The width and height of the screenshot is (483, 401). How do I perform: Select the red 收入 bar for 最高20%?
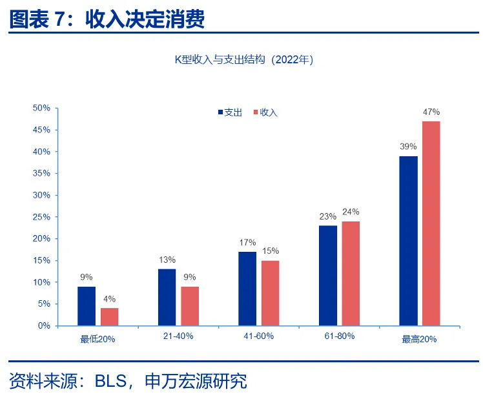pos(431,223)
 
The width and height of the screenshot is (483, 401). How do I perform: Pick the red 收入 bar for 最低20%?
pos(110,316)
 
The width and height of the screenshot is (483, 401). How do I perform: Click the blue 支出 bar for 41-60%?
pos(247,288)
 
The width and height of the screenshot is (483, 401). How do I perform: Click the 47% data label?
pos(431,112)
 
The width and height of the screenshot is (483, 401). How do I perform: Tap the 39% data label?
pos(408,147)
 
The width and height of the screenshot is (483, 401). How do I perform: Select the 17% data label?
pos(247,243)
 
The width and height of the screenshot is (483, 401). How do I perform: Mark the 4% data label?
pos(110,299)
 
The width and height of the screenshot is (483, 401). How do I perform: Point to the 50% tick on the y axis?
pos(41,108)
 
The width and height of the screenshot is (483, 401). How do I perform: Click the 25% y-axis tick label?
pos(41,217)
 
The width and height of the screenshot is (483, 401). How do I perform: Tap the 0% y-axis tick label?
pos(44,326)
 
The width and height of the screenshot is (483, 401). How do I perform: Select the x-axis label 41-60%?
pos(259,337)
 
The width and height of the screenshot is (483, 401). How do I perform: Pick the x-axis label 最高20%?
pos(420,339)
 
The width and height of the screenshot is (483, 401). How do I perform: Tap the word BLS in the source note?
pos(110,381)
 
